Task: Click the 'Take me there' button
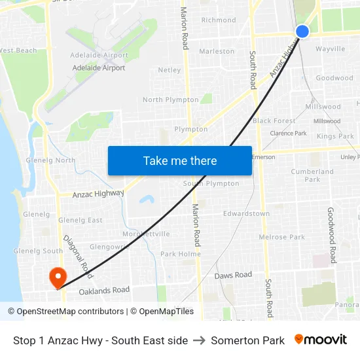180,160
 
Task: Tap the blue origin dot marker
302,31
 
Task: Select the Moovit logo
320,340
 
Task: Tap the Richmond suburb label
219,20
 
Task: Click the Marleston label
217,51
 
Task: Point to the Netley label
170,69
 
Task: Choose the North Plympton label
171,99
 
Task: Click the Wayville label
330,49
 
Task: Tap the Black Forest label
274,120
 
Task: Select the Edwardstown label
246,213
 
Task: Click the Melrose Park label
282,236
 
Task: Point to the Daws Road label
233,276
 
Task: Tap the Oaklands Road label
104,291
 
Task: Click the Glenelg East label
81,220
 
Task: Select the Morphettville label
147,234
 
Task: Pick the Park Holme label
181,253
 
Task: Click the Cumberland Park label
312,175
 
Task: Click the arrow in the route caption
200,340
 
